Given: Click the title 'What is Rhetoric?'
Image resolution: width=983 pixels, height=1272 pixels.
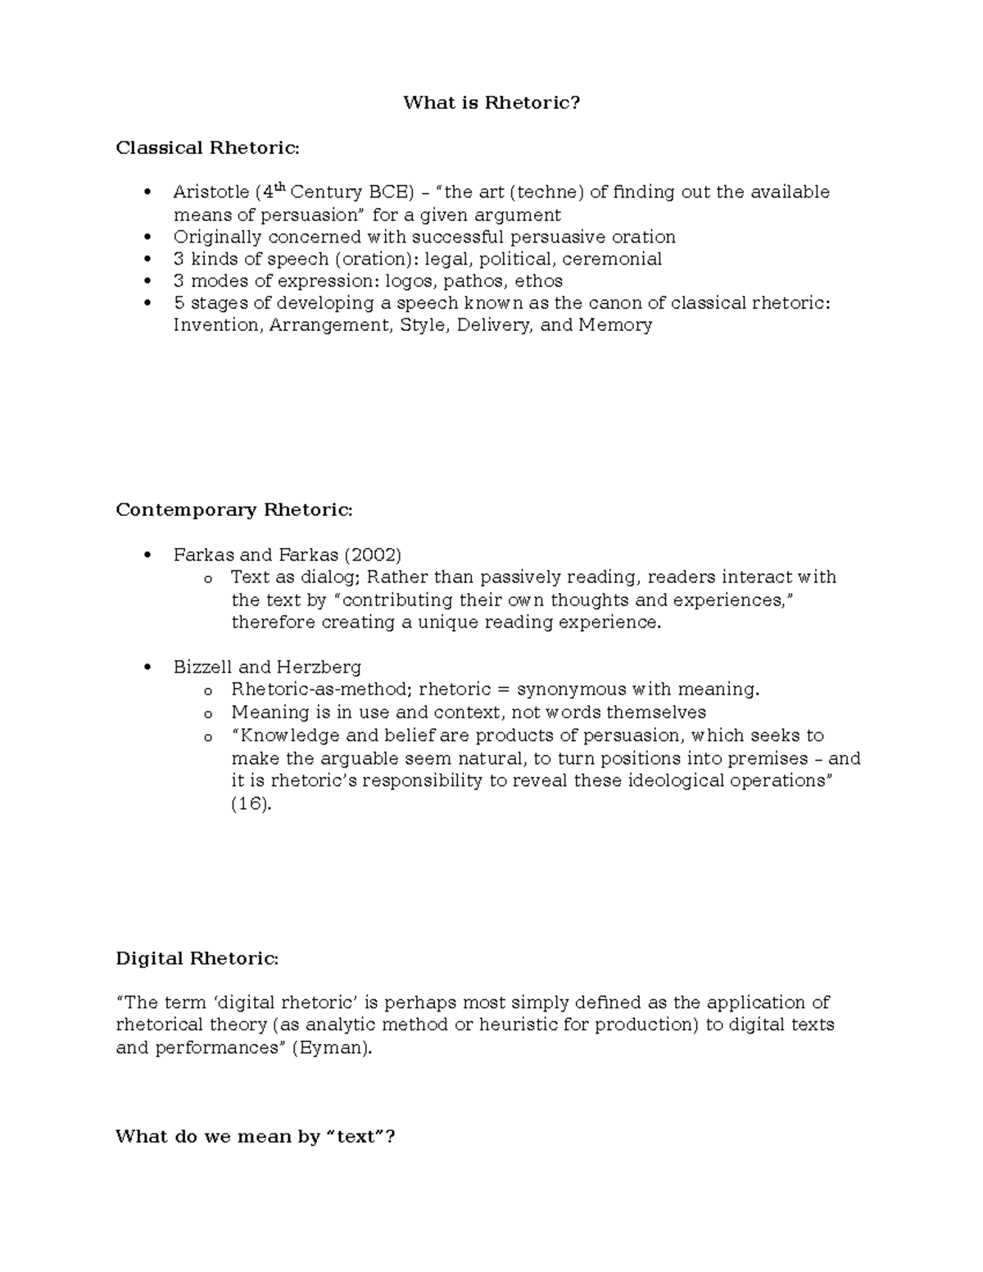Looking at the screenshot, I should (491, 103).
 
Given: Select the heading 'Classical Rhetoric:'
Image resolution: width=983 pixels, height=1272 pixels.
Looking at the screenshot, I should (207, 148).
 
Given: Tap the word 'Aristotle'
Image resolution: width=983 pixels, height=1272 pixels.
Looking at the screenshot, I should (211, 192).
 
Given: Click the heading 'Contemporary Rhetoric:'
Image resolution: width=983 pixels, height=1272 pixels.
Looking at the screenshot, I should (233, 510).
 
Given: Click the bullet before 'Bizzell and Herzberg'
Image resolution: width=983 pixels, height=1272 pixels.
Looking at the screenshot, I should (147, 667).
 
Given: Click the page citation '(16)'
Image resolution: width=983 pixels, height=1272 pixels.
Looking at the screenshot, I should (250, 803).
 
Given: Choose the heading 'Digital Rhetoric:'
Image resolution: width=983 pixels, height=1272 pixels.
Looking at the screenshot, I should (197, 959).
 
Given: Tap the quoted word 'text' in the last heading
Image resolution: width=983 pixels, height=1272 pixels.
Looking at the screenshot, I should (359, 1137).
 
